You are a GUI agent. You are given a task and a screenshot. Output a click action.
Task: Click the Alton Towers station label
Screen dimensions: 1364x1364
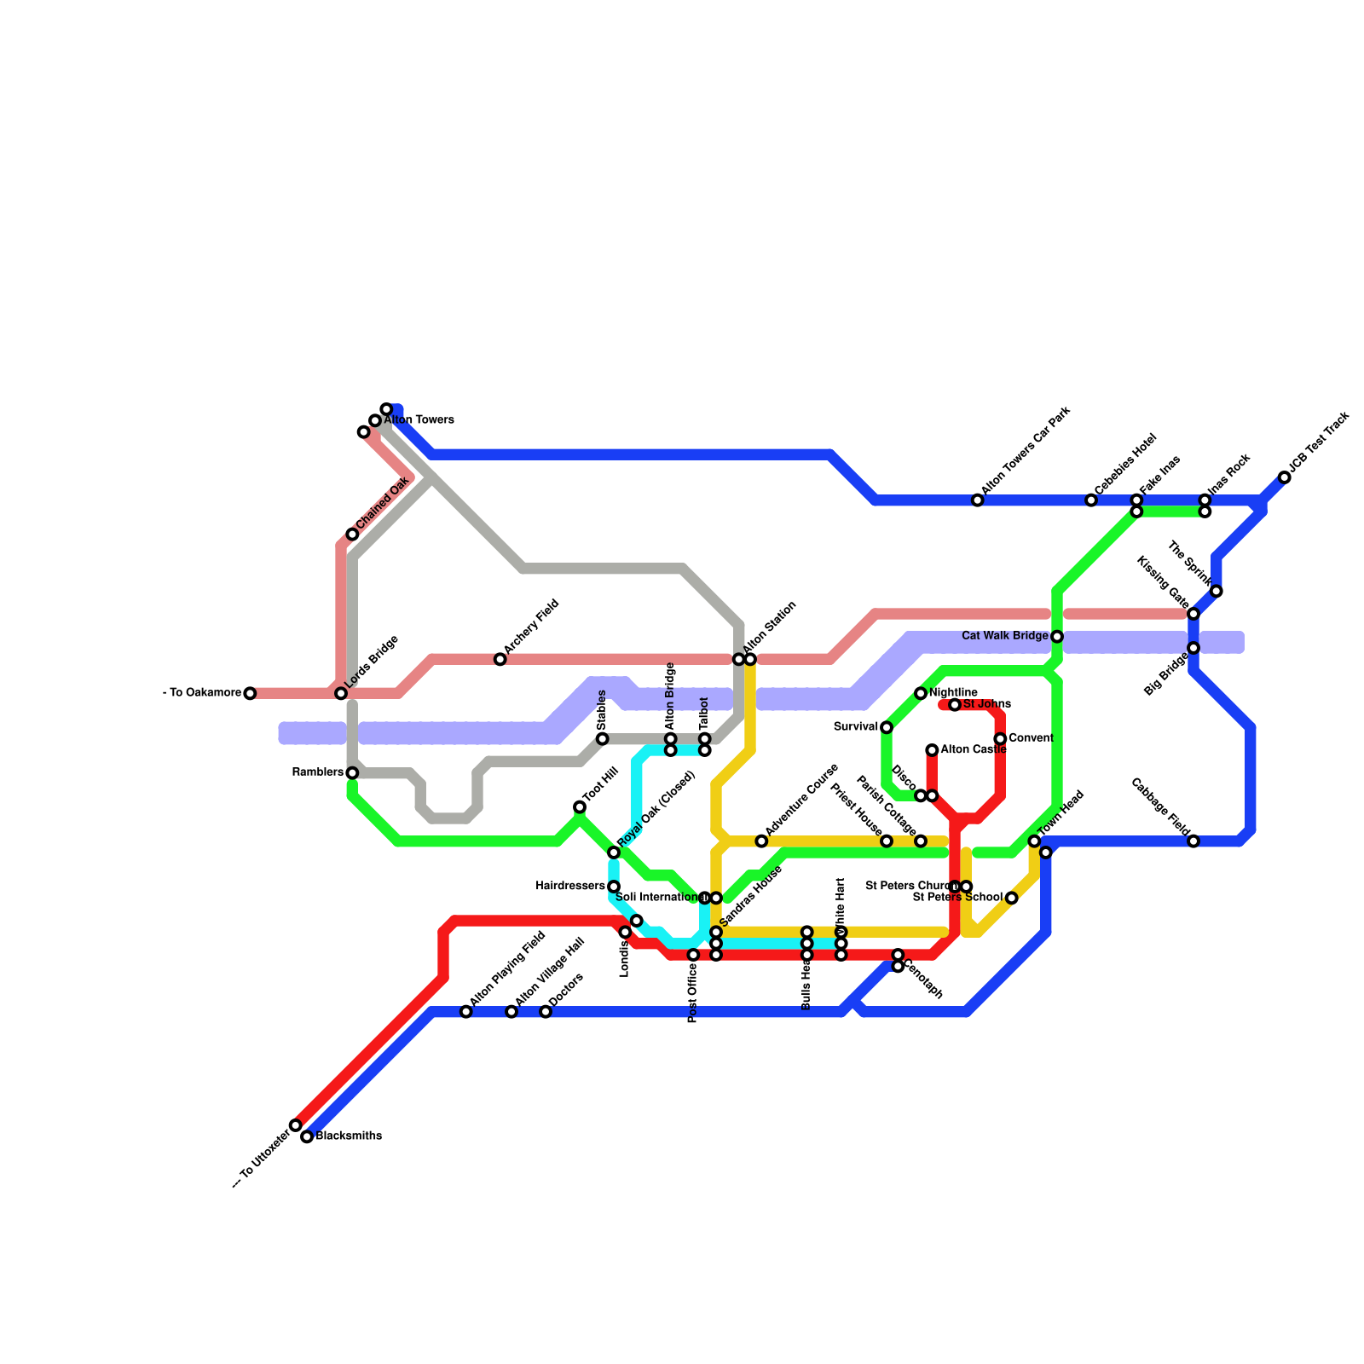[419, 420]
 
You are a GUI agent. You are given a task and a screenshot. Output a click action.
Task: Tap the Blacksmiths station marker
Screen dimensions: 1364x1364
[307, 1136]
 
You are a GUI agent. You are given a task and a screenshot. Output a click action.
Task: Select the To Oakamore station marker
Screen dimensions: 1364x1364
[250, 693]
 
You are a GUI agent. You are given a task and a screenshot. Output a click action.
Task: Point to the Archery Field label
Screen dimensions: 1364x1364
[531, 631]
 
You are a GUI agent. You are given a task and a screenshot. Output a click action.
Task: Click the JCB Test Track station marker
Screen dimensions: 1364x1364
[1285, 477]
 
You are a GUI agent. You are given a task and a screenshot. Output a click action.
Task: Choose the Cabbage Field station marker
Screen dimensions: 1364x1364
[1193, 841]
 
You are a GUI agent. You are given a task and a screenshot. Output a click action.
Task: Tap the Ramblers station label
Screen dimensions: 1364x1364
[317, 772]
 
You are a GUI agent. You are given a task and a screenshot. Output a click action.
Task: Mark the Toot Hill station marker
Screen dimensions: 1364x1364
[580, 806]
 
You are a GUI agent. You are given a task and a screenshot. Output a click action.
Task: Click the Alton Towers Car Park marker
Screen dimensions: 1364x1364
[978, 500]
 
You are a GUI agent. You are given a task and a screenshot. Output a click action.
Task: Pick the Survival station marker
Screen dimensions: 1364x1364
[887, 727]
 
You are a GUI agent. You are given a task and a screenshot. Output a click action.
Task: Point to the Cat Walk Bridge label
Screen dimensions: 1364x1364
[1004, 636]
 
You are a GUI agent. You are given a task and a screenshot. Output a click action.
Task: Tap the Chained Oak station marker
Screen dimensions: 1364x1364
[352, 535]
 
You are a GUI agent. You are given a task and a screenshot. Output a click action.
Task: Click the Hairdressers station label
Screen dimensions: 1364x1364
[569, 887]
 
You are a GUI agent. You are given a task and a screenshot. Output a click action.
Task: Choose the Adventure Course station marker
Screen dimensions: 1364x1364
[761, 841]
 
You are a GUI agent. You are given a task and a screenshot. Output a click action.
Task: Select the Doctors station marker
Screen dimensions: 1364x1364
[546, 1012]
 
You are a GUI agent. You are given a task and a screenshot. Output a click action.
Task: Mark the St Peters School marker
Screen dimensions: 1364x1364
[1011, 898]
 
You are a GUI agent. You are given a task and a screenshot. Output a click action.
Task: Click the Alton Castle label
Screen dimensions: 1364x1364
[974, 750]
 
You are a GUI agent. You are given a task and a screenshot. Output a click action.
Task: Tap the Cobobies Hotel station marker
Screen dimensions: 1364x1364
[1091, 500]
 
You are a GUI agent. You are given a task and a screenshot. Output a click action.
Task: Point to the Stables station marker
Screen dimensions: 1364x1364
[603, 738]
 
